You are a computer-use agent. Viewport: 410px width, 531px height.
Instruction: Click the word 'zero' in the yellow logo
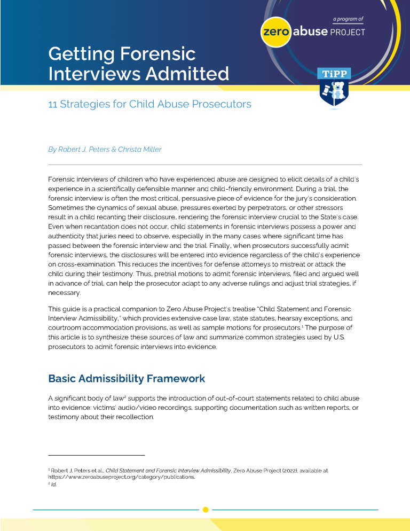pos(275,32)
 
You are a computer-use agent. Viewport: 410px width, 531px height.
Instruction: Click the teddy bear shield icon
pos(334,93)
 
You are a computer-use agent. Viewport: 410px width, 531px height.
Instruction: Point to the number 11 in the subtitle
pos(52,104)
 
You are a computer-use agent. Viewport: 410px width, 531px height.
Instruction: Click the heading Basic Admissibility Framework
pos(127,379)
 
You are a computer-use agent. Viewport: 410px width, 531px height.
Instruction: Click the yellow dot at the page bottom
pos(206,510)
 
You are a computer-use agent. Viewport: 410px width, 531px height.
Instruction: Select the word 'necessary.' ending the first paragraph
pos(65,293)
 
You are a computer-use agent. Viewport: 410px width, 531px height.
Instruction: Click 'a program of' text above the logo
pos(348,19)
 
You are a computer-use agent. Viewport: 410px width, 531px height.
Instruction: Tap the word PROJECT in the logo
pos(348,32)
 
